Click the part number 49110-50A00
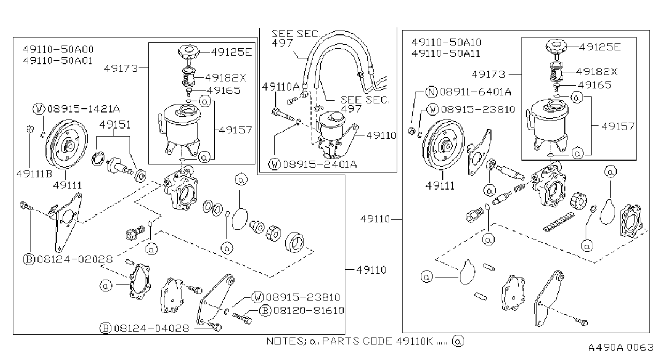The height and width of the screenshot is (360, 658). point(58,49)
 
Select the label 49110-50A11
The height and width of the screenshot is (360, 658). point(446,54)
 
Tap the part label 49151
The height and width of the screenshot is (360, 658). point(115,125)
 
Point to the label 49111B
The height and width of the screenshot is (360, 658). point(34,174)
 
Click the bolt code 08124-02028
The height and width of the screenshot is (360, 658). point(75,259)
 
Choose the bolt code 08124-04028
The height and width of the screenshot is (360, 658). point(152,328)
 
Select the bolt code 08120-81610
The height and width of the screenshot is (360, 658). point(308,310)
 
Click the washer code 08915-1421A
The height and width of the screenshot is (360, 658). point(84,109)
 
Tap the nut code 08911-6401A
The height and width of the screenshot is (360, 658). point(475,92)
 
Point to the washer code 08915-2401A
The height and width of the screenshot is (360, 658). point(320,164)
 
